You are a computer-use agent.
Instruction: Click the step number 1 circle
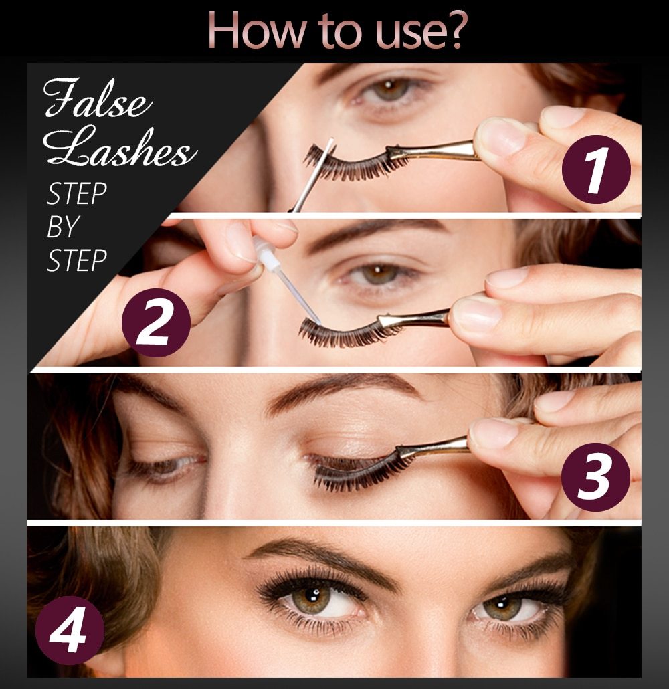595,169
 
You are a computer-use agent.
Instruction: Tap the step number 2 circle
155,322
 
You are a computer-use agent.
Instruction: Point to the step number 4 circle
70,630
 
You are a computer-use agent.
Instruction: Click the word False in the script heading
98,101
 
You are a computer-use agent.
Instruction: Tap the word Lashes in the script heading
120,151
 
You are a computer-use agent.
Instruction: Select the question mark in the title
451,30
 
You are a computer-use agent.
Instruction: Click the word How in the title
245,30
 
